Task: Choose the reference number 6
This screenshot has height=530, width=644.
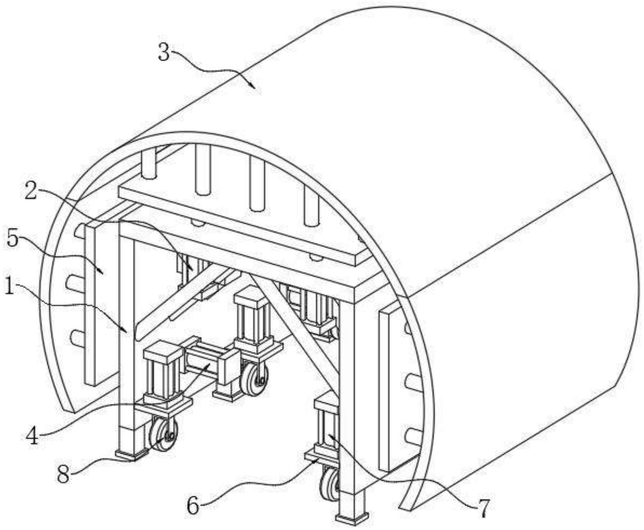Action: coord(193,507)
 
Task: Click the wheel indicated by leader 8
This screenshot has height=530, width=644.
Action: coord(163,434)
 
